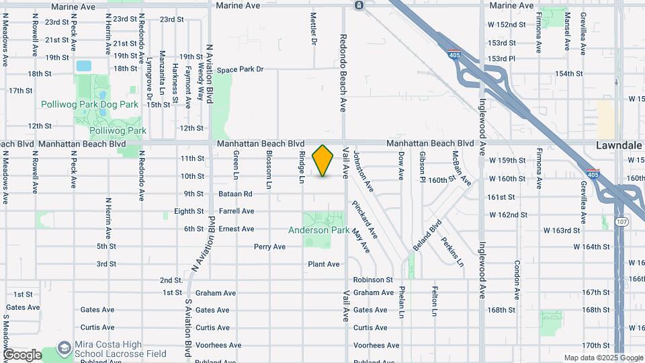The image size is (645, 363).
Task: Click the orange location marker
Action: [323, 161]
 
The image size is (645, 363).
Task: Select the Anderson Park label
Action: [318, 230]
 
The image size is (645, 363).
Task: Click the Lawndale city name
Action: [617, 145]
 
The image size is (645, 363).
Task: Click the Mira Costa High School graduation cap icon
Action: [64, 348]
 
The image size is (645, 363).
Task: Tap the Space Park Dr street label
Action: [240, 69]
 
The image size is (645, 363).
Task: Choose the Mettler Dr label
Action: [314, 29]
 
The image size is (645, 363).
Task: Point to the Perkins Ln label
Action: [452, 252]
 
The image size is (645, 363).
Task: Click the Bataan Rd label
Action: [235, 194]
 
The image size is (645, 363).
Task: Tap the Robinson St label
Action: [373, 279]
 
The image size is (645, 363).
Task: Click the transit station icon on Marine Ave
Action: [359, 5]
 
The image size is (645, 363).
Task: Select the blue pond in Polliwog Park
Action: [84, 66]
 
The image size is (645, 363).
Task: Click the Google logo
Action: [22, 354]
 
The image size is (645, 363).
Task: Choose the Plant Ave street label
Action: [324, 264]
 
